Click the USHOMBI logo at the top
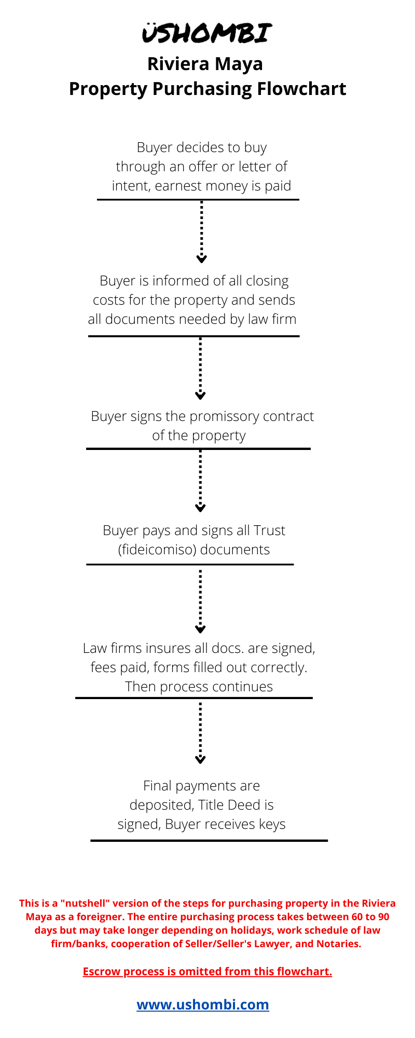point(207,33)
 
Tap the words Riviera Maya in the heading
point(205,64)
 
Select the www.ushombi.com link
point(203,1004)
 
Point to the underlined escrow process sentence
point(208,971)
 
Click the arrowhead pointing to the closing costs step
point(201,258)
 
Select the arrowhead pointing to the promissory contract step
point(201,395)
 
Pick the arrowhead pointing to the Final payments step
point(201,759)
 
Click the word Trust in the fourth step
point(270,530)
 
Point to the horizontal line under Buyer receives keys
point(209,840)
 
